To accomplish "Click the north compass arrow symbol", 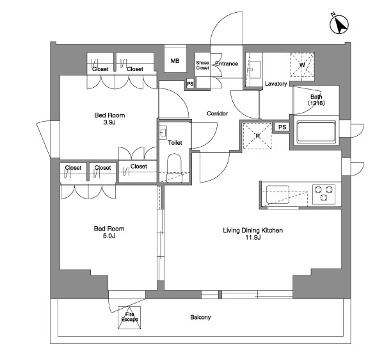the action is pyautogui.click(x=339, y=24).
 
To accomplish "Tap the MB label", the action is pyautogui.click(x=175, y=61).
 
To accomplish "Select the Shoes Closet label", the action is pyautogui.click(x=202, y=65).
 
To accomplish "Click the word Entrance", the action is pyautogui.click(x=227, y=63).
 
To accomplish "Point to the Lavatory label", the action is pyautogui.click(x=276, y=84).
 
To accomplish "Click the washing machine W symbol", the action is pyautogui.click(x=302, y=65).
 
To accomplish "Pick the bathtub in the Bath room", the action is pyautogui.click(x=316, y=133).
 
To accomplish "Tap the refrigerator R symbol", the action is pyautogui.click(x=257, y=136).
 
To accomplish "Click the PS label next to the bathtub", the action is pyautogui.click(x=282, y=127).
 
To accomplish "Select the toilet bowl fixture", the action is pyautogui.click(x=174, y=168).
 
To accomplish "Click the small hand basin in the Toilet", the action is pyautogui.click(x=163, y=133).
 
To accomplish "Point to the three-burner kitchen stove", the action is pyautogui.click(x=323, y=193).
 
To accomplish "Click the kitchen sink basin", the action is pyautogui.click(x=278, y=195).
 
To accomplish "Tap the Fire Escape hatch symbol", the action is pyautogui.click(x=129, y=317).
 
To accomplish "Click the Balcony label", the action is pyautogui.click(x=200, y=317).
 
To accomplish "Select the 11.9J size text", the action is pyautogui.click(x=253, y=237).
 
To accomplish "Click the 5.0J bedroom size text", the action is pyautogui.click(x=109, y=236).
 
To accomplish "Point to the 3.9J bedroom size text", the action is pyautogui.click(x=109, y=122).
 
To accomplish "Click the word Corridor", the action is pyautogui.click(x=217, y=113).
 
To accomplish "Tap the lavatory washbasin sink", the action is pyautogui.click(x=254, y=70).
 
